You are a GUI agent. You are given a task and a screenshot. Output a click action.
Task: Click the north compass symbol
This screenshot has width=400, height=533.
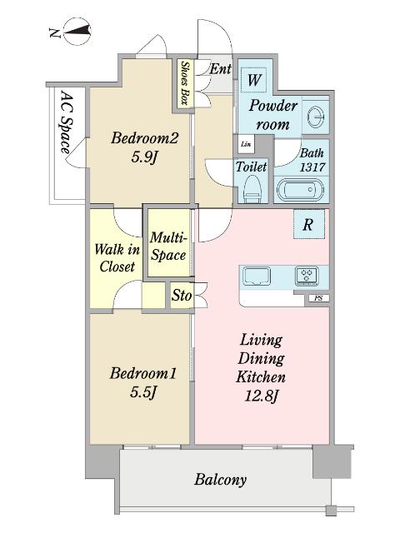(x=77, y=32)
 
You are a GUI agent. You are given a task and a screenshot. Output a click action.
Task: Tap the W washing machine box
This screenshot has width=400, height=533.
(x=253, y=80)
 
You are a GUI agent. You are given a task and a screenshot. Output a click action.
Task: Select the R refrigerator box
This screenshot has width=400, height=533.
(x=309, y=224)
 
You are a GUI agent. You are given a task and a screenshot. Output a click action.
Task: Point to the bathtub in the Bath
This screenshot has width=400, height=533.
(x=300, y=191)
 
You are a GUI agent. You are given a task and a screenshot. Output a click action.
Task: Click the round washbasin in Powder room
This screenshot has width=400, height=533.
(x=316, y=117)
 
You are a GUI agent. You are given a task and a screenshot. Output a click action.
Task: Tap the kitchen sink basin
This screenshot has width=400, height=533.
(x=255, y=276)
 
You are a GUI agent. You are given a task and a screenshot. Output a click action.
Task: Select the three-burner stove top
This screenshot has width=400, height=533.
(x=307, y=275)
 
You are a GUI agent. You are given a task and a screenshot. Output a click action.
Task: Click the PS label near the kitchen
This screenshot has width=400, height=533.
(x=318, y=298)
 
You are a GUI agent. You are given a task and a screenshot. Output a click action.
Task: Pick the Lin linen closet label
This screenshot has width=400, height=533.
(x=245, y=144)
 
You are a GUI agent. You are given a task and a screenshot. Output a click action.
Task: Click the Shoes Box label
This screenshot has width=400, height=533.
(x=185, y=83)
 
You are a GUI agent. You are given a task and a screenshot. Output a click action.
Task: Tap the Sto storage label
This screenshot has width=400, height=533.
(x=182, y=295)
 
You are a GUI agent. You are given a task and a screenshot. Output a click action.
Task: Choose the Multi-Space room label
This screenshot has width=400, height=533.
(x=168, y=247)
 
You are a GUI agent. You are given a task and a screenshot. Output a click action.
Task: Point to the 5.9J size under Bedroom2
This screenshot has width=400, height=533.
(x=145, y=157)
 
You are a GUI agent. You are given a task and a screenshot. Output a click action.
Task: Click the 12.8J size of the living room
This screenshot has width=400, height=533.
(x=261, y=396)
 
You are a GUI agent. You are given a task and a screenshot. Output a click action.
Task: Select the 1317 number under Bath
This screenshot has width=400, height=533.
(x=312, y=167)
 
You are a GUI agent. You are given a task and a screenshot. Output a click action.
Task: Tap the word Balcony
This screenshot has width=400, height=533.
(x=220, y=480)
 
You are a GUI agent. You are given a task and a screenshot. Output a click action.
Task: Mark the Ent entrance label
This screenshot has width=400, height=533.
(x=220, y=69)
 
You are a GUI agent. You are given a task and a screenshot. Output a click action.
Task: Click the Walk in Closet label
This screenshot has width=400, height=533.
(x=117, y=258)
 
